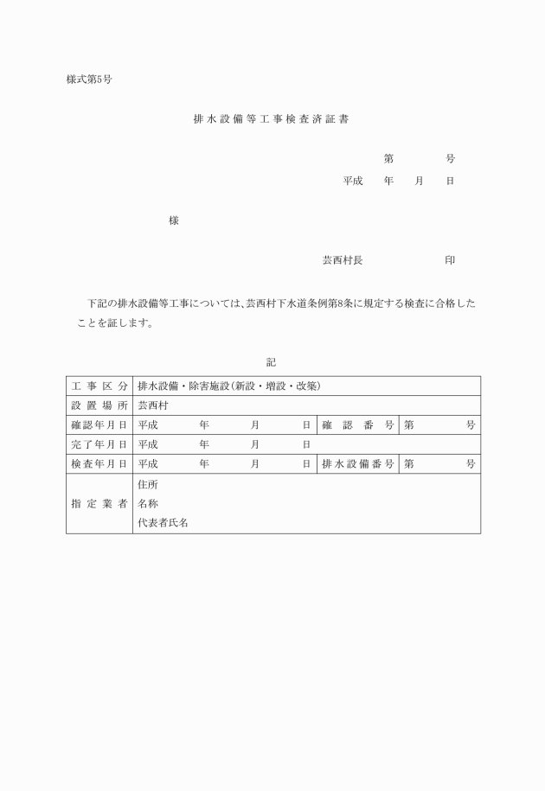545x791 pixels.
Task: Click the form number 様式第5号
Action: point(88,80)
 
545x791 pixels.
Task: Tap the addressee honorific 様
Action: point(173,221)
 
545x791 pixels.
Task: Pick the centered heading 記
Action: point(272,361)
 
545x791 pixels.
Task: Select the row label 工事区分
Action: point(99,386)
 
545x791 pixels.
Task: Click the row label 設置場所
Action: point(99,405)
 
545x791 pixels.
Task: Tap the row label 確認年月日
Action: point(99,425)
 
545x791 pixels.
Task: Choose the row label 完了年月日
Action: point(99,444)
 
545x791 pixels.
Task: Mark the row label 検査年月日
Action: point(99,464)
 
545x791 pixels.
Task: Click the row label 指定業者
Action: point(99,504)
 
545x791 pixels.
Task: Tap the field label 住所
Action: point(148,484)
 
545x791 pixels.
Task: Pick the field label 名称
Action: point(148,504)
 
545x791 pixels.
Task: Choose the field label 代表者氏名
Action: point(163,523)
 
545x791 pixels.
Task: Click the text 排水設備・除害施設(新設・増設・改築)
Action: point(228,386)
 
